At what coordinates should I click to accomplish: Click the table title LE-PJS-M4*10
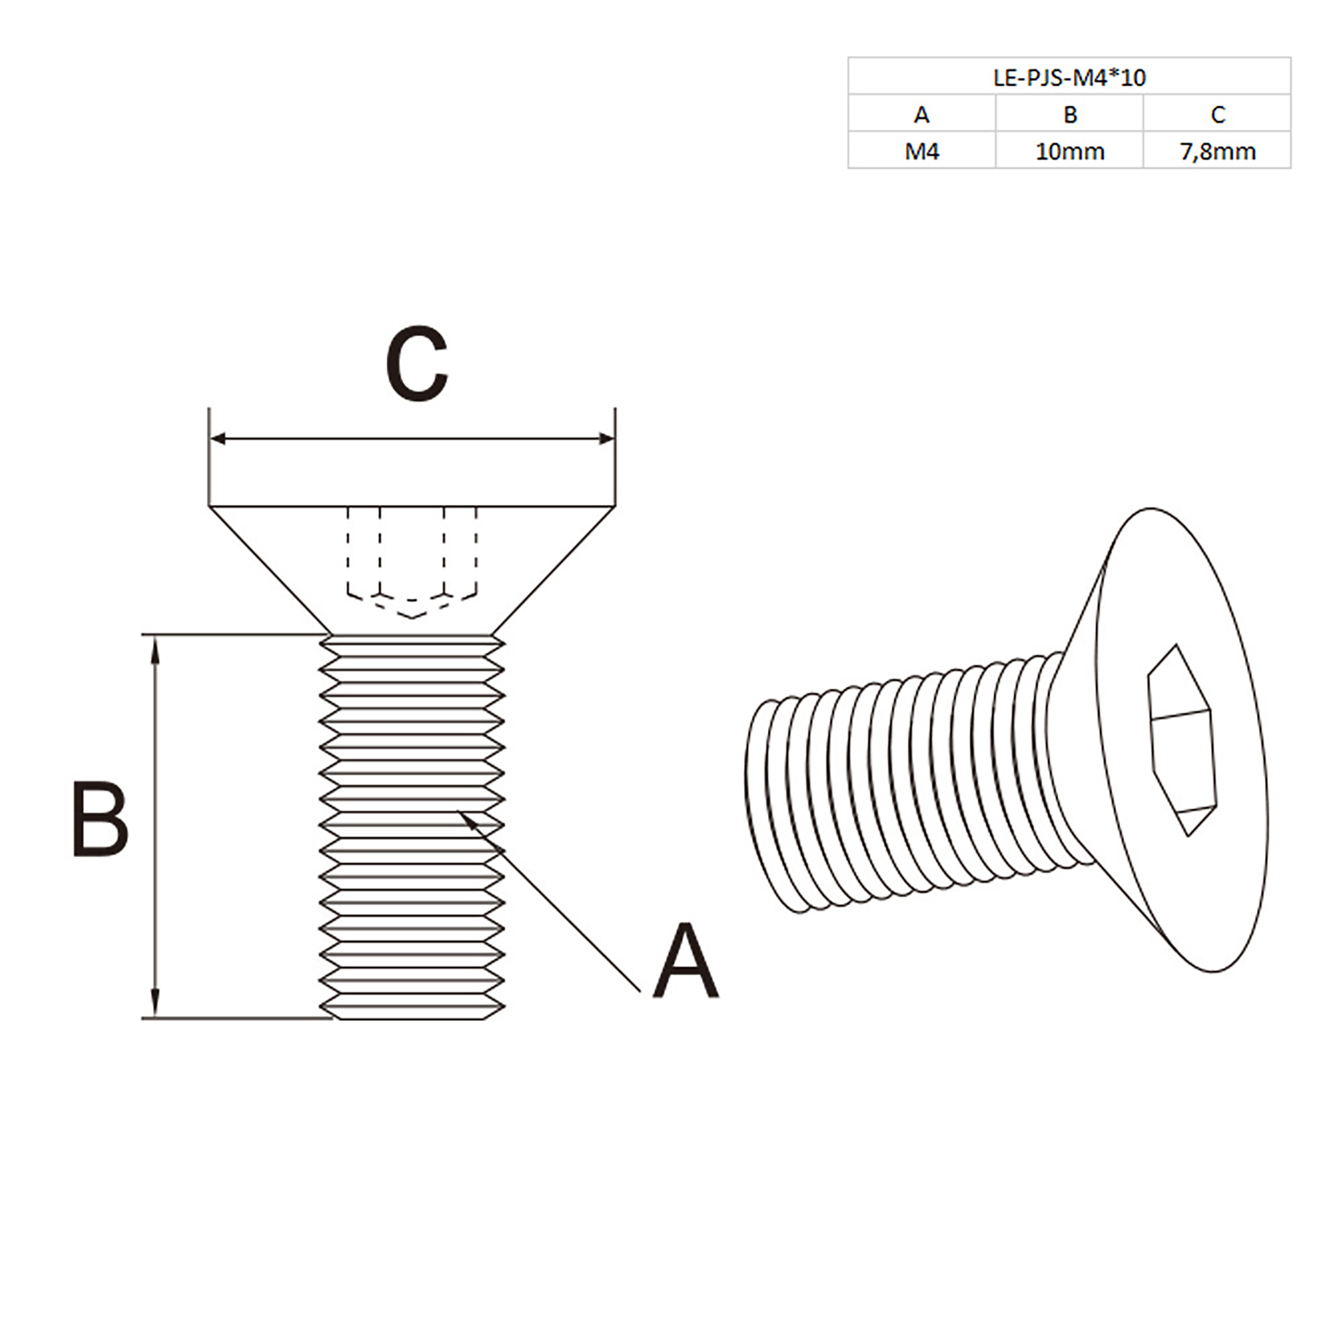[1069, 77]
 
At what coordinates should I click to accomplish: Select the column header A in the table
[921, 114]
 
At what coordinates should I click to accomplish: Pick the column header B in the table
[1070, 114]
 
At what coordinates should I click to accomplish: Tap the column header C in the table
[1217, 114]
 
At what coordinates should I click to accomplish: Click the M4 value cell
[921, 151]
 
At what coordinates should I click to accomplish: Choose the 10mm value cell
[1070, 151]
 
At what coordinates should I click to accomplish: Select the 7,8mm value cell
[1217, 151]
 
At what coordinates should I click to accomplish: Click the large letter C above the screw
[416, 364]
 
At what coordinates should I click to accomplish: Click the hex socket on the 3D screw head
[1182, 740]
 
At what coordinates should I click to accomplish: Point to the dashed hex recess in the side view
[411, 556]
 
